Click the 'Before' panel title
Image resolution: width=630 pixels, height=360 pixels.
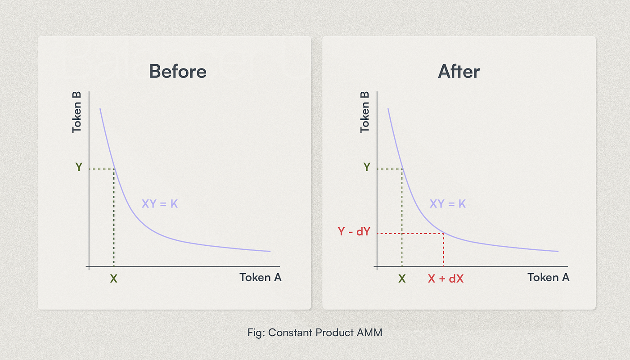(x=178, y=72)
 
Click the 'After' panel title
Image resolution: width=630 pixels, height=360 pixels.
(x=459, y=72)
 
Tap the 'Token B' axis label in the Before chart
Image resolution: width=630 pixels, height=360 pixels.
(x=77, y=112)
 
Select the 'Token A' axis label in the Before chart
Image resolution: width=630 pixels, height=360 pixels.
(x=261, y=277)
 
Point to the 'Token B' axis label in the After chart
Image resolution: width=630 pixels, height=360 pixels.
(x=365, y=112)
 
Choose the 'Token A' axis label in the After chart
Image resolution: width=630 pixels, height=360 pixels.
(x=549, y=277)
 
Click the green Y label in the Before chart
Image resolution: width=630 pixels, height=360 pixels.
(x=79, y=167)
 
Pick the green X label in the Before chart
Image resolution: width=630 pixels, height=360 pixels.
(x=114, y=279)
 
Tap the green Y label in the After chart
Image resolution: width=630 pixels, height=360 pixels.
(x=367, y=167)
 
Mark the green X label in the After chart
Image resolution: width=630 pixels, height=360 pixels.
(x=402, y=279)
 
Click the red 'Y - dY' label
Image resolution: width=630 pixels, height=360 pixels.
(x=354, y=232)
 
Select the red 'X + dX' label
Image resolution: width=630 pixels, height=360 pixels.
(x=445, y=279)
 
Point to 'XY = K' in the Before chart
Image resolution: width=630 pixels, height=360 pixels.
(x=160, y=204)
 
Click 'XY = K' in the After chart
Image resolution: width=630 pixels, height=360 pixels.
(x=448, y=204)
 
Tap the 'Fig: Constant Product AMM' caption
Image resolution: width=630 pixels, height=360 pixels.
(x=315, y=333)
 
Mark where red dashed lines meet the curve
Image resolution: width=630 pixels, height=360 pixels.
(x=443, y=233)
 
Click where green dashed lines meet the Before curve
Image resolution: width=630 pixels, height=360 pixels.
(x=114, y=169)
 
